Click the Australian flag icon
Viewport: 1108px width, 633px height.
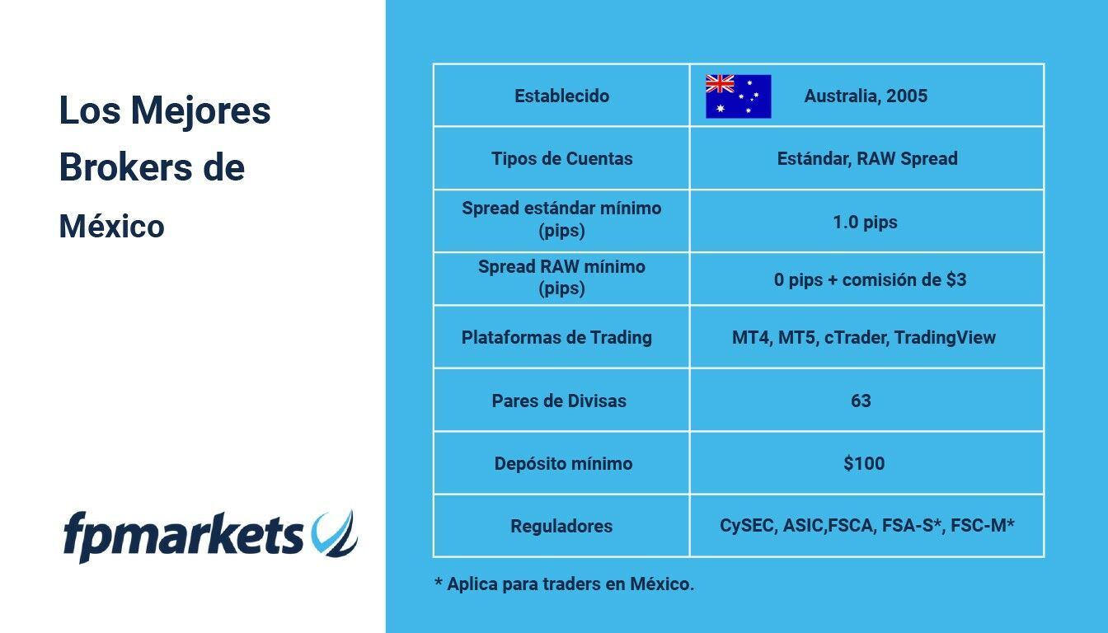(x=738, y=96)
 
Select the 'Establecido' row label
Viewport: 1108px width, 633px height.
(x=562, y=96)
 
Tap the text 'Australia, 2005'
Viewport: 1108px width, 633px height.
(x=866, y=96)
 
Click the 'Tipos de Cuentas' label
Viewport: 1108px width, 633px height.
(x=562, y=159)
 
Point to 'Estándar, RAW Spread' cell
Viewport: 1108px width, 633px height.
(x=867, y=159)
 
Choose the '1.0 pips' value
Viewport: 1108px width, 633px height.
(x=865, y=222)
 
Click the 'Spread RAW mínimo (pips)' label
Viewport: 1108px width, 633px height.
(x=562, y=278)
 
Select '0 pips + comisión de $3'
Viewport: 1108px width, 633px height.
(x=870, y=280)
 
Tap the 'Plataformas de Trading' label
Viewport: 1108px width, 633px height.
(x=556, y=337)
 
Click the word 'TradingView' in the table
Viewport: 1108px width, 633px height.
(x=945, y=337)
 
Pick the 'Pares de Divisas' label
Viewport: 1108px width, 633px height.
(x=559, y=401)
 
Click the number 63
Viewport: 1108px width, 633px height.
(x=861, y=401)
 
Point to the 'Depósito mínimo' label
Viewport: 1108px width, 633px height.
(x=563, y=464)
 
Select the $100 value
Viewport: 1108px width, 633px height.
(x=864, y=463)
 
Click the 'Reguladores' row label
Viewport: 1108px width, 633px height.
(x=561, y=526)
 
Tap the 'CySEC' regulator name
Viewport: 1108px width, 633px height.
(x=746, y=526)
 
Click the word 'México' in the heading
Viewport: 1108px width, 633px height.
(x=112, y=226)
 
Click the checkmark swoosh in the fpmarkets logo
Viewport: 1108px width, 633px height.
(x=335, y=533)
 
